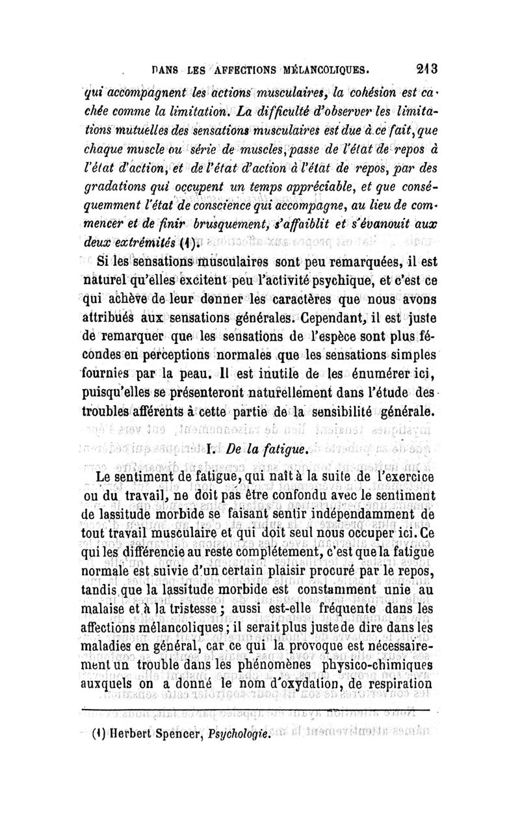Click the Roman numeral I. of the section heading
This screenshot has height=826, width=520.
(x=213, y=449)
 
